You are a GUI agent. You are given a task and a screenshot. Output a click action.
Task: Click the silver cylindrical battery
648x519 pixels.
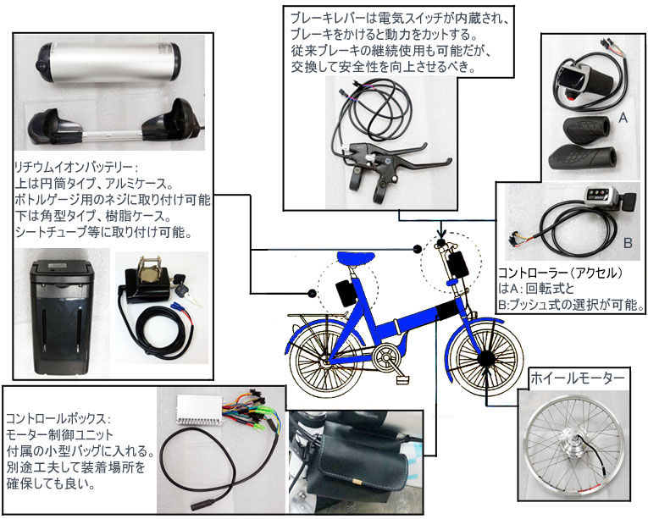(110, 63)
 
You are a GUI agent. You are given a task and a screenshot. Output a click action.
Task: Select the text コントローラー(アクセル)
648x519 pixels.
(564, 273)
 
